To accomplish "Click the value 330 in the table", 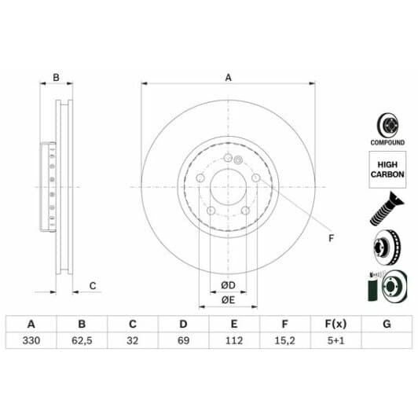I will click(x=31, y=341).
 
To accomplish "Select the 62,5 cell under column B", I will click(x=81, y=341).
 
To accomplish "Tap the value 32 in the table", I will click(x=132, y=341).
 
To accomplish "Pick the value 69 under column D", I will click(x=183, y=341).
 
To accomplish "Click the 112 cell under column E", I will click(x=233, y=341).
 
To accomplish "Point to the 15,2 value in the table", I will click(x=284, y=341).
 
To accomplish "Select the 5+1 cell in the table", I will click(x=335, y=341).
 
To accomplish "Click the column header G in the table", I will click(x=386, y=324).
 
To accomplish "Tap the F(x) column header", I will click(x=335, y=324).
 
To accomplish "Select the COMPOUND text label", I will click(x=387, y=143).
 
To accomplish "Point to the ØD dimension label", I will click(x=229, y=284).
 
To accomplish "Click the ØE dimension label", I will click(x=229, y=299).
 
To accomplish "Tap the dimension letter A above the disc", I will click(x=229, y=77).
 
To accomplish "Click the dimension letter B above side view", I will click(x=56, y=77).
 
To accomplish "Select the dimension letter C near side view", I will click(x=92, y=286).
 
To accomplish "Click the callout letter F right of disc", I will click(x=330, y=238).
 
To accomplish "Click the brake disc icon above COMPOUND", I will click(x=387, y=124).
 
